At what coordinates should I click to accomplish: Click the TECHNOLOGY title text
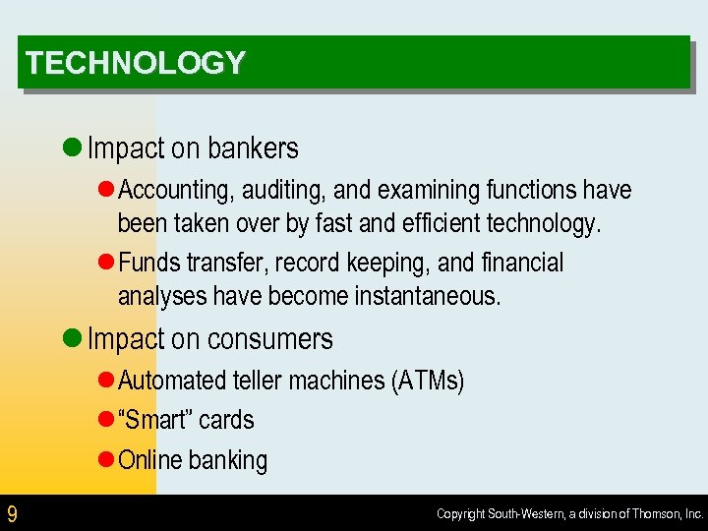pos(136,63)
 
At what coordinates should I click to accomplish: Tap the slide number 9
pos(12,513)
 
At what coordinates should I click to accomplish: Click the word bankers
pos(252,148)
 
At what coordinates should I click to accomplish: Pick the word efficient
pos(444,224)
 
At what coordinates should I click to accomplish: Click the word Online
pos(150,460)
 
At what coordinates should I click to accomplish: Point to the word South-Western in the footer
pos(522,513)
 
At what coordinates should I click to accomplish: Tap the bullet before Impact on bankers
pos(71,148)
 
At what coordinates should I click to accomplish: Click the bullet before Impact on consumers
pos(71,339)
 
